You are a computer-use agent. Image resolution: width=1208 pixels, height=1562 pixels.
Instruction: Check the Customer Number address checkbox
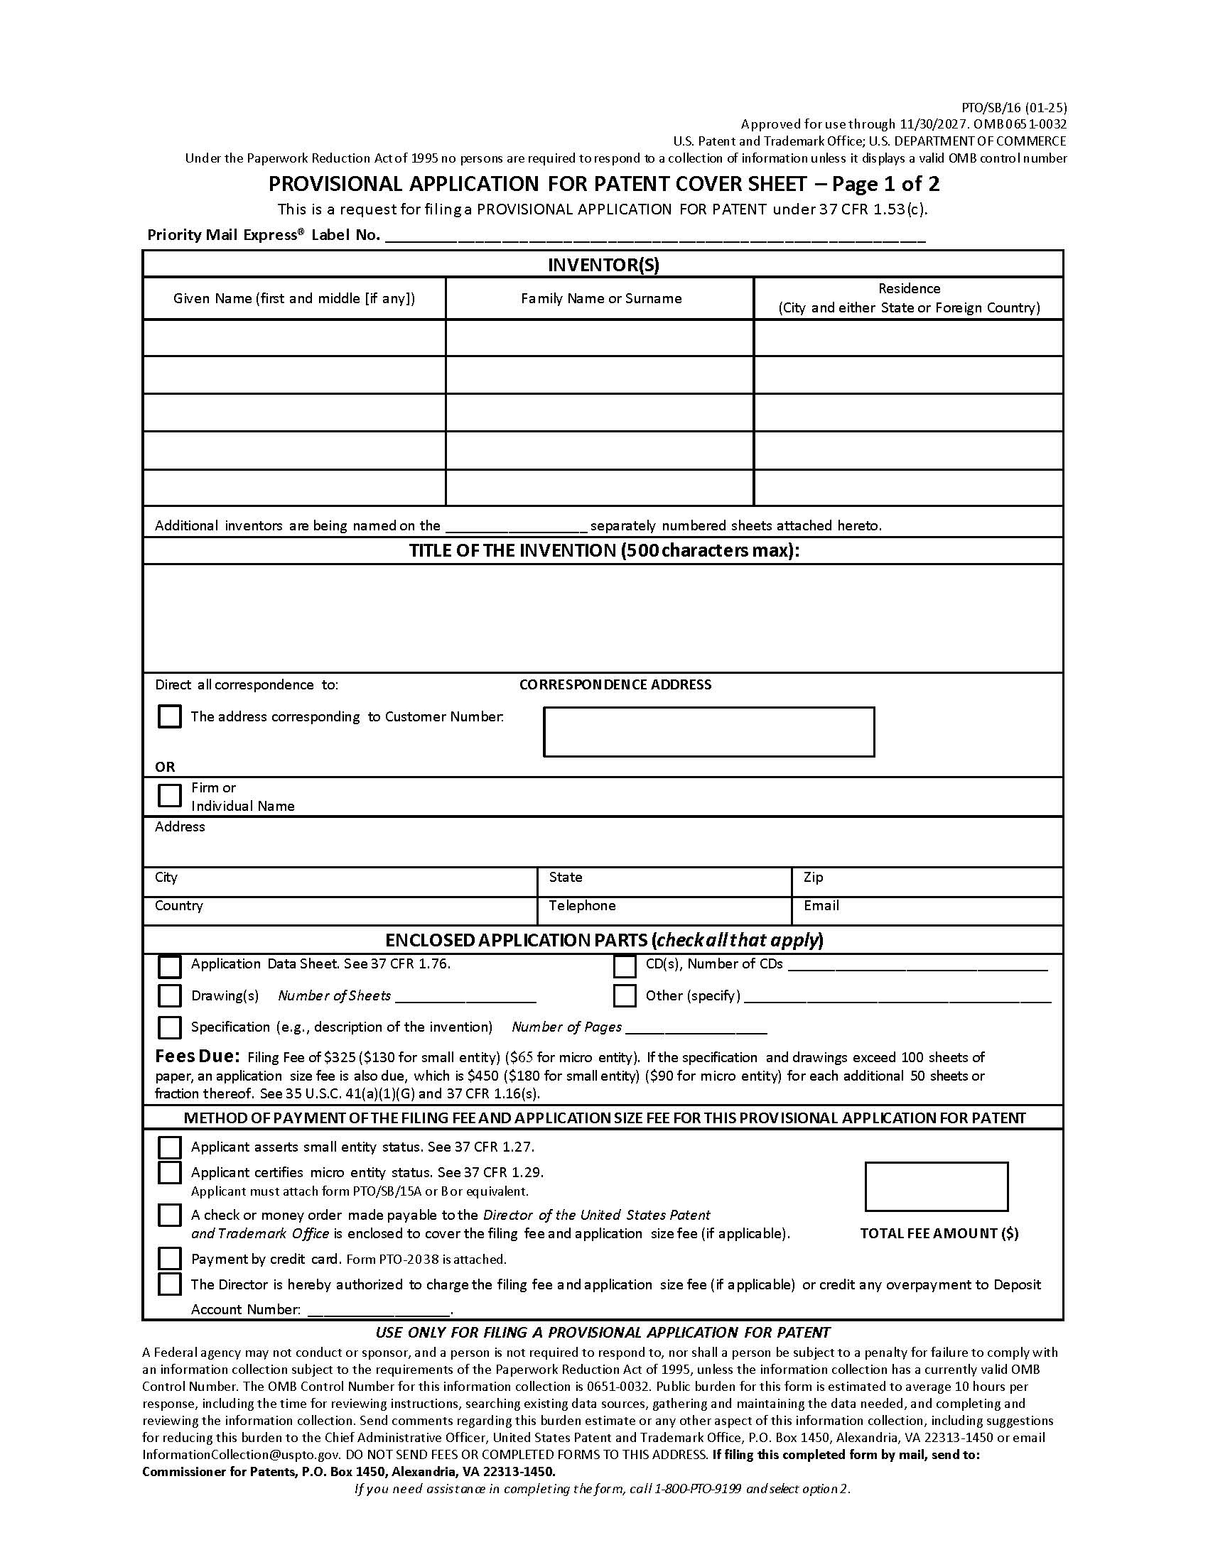(x=169, y=716)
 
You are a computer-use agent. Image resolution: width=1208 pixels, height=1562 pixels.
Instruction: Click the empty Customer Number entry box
(x=708, y=731)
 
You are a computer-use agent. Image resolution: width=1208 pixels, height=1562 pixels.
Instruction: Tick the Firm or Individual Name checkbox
(x=169, y=795)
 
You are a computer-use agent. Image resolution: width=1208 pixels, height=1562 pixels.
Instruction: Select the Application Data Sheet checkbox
(x=169, y=966)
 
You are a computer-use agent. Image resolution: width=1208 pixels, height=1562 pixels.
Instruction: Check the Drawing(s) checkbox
(x=169, y=995)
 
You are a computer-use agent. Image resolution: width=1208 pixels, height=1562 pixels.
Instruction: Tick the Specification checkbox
(x=169, y=1027)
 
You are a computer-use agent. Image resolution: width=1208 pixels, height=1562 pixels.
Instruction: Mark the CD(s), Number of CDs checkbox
(x=624, y=966)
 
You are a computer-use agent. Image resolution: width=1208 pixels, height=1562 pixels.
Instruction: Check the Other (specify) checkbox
(x=624, y=995)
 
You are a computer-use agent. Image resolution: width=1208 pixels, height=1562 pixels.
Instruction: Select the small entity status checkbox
(x=169, y=1147)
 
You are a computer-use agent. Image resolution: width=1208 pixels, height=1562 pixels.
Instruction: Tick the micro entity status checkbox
(x=169, y=1173)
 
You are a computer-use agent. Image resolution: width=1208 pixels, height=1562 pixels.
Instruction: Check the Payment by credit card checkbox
(x=169, y=1258)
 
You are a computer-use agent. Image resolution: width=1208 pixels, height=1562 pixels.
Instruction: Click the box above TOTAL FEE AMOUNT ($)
(x=936, y=1186)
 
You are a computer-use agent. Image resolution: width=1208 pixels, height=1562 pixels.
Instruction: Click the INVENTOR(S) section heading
(x=603, y=265)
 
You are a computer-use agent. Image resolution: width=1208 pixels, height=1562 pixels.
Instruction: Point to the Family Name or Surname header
(x=600, y=298)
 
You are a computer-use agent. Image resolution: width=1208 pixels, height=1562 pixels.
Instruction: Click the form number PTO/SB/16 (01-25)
(x=1013, y=108)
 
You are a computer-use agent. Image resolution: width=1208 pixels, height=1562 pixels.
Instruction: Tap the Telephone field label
(x=582, y=905)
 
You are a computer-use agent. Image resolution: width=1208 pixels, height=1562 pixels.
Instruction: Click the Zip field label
(x=813, y=877)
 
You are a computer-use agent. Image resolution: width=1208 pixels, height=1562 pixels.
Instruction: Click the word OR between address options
(x=165, y=767)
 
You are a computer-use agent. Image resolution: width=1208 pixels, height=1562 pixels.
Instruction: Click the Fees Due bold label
(x=197, y=1056)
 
